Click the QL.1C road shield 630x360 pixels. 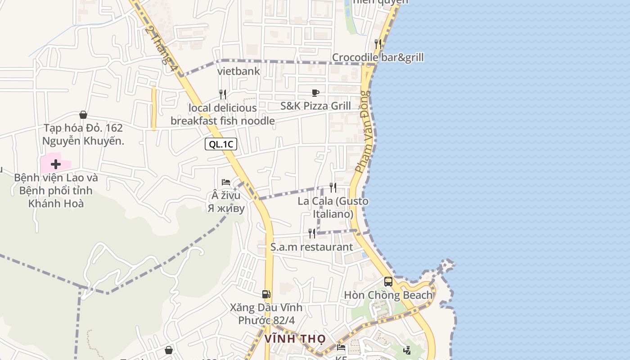click(220, 144)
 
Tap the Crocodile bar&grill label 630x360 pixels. click(378, 58)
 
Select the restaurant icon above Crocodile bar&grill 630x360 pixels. click(378, 44)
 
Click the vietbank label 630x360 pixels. click(238, 71)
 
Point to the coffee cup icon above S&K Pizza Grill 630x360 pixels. click(315, 93)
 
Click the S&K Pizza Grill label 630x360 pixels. click(315, 106)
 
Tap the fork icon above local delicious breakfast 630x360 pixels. click(223, 94)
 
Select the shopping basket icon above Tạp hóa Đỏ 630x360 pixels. click(83, 115)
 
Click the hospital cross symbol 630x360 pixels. click(56, 164)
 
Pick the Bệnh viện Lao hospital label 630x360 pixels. click(56, 190)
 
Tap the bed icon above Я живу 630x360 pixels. click(225, 182)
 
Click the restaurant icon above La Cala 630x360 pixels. click(333, 187)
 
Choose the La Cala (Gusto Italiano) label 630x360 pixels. click(333, 207)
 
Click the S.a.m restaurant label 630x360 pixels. click(312, 247)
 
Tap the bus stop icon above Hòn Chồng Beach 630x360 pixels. click(388, 282)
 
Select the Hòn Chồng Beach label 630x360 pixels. click(388, 295)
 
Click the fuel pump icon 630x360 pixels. click(266, 294)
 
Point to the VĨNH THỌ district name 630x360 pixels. click(295, 338)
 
